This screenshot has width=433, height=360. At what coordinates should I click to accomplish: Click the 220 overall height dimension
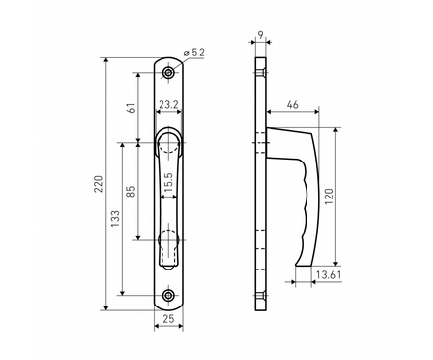point(98,184)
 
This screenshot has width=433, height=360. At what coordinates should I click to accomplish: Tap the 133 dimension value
point(116,218)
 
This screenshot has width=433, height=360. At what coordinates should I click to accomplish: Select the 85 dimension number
point(131,191)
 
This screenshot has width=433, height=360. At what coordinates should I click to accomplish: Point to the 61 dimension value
point(131,107)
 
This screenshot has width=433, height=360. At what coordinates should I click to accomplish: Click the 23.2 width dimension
point(168,104)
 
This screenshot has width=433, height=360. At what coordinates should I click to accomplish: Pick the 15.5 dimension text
point(169,182)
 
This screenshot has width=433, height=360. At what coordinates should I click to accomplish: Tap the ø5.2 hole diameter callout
point(194,53)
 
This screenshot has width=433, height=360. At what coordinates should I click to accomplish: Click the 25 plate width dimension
point(168,319)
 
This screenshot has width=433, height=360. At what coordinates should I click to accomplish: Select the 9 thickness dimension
point(260,34)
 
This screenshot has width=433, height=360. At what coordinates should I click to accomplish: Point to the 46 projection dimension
point(292,105)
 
